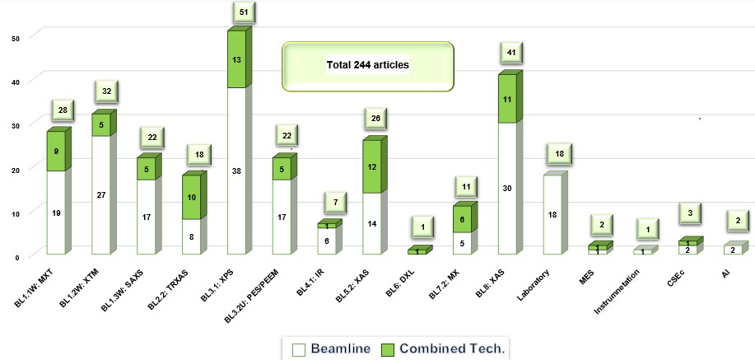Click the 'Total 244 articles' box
pos(367,63)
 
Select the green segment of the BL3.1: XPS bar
pos(236,59)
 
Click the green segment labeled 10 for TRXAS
pos(191,197)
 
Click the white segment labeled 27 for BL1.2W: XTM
pos(100,195)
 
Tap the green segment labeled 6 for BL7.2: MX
pos(464,220)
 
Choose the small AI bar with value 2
pos(732,250)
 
